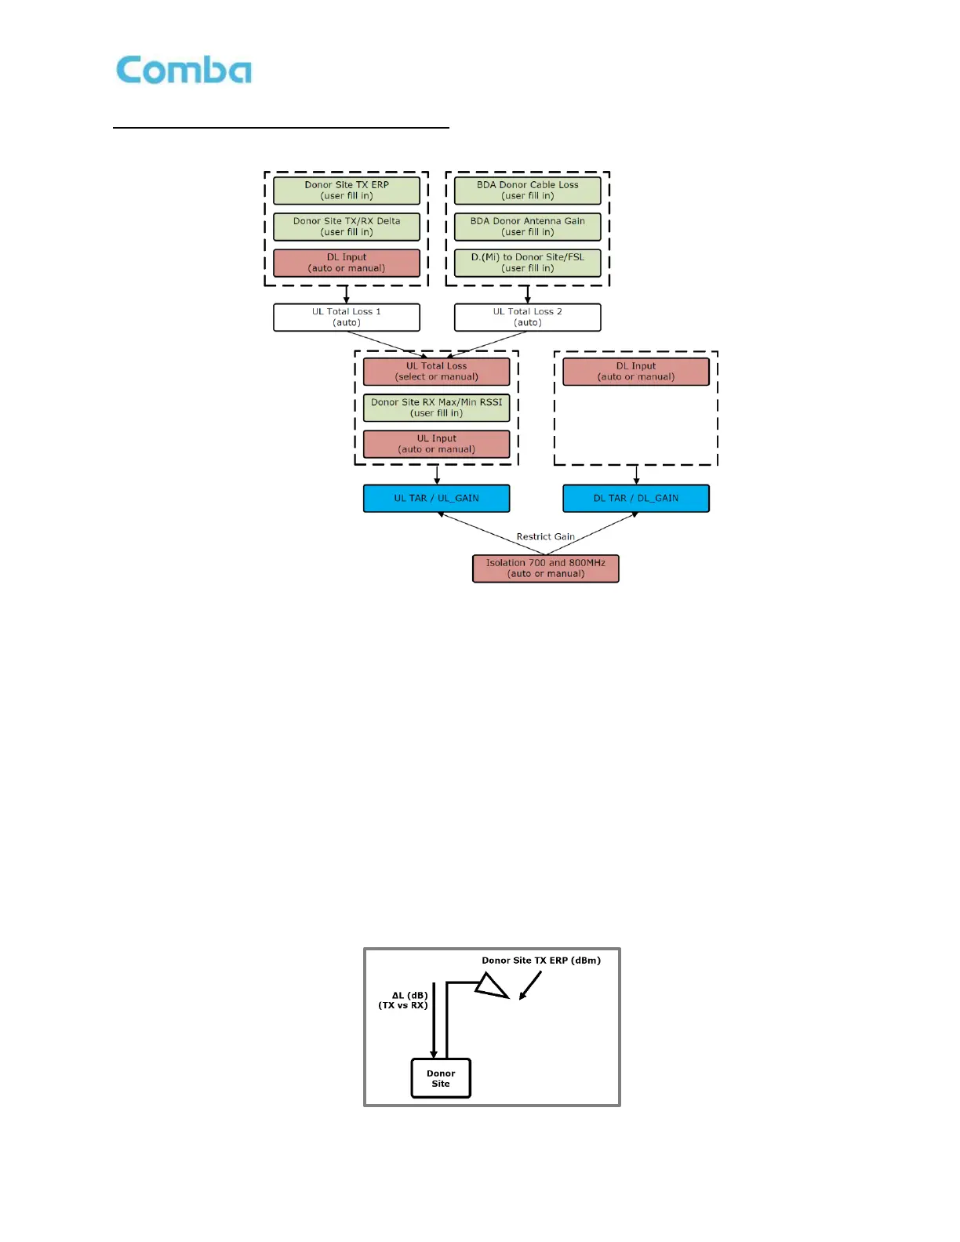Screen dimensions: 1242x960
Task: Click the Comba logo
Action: [x=184, y=71]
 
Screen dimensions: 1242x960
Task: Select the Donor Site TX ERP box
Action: [x=346, y=191]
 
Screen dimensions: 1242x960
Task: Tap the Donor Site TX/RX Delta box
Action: [x=346, y=227]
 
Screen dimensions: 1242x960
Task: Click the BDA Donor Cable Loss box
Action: [x=527, y=191]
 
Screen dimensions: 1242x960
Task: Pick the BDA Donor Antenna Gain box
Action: [x=527, y=227]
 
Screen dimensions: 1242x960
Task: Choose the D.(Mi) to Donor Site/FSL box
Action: [x=527, y=263]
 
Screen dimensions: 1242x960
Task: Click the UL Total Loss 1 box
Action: [x=346, y=318]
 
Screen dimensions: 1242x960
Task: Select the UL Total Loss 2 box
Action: [x=527, y=318]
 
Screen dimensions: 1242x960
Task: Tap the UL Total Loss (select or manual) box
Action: [x=436, y=372]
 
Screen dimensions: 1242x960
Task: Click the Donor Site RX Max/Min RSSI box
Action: [x=436, y=408]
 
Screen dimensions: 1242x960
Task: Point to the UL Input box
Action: [x=436, y=444]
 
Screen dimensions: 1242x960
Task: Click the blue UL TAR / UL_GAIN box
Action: [x=436, y=499]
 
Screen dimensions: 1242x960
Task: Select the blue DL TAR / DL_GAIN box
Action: [x=635, y=499]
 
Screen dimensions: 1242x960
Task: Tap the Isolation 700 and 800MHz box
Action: [x=545, y=568]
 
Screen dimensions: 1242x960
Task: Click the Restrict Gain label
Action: [x=545, y=537]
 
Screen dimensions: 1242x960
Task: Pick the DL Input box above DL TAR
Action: [x=635, y=372]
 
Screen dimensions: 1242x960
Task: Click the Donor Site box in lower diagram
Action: [x=441, y=1079]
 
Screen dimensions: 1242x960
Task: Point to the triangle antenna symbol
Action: [x=492, y=986]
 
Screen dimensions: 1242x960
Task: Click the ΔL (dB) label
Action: [x=409, y=996]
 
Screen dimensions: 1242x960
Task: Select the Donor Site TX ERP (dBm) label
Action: [x=541, y=961]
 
